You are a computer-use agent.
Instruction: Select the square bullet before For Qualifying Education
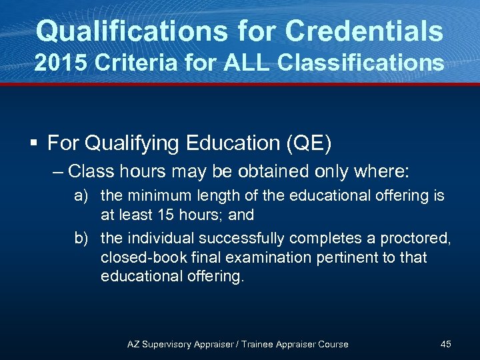tap(34, 143)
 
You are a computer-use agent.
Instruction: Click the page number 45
tap(446, 344)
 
